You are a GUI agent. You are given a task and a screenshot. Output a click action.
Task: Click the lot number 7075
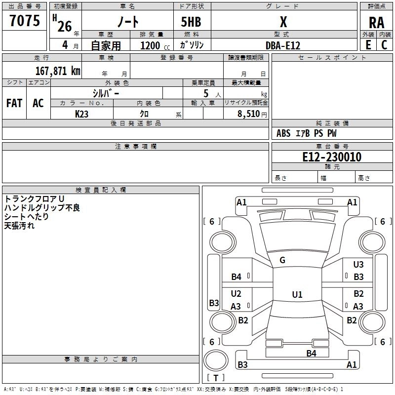click(25, 21)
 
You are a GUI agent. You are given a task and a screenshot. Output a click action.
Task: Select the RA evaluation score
click(376, 22)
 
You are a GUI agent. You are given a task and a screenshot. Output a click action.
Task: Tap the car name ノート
click(127, 22)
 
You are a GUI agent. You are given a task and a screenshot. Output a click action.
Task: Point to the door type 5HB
click(191, 22)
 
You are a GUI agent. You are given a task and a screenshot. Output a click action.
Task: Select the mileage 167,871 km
click(58, 71)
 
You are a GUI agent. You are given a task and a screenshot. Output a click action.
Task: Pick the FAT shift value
click(14, 103)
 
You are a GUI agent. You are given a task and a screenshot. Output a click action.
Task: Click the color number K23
click(82, 114)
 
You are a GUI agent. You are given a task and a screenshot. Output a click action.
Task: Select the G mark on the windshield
click(282, 260)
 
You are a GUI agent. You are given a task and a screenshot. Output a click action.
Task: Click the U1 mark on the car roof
click(297, 295)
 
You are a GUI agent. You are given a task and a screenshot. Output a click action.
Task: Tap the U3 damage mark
click(358, 265)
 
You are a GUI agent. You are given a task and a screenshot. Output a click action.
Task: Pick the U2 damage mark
click(236, 294)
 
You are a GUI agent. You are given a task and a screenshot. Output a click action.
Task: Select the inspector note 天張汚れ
click(19, 226)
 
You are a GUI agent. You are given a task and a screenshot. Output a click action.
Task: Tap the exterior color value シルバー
click(106, 93)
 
